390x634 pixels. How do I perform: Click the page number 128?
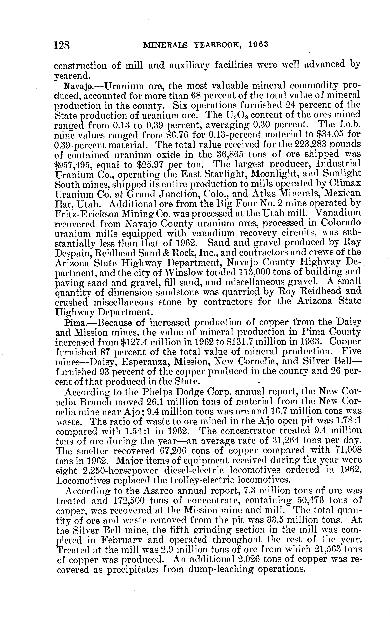(x=62, y=46)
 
